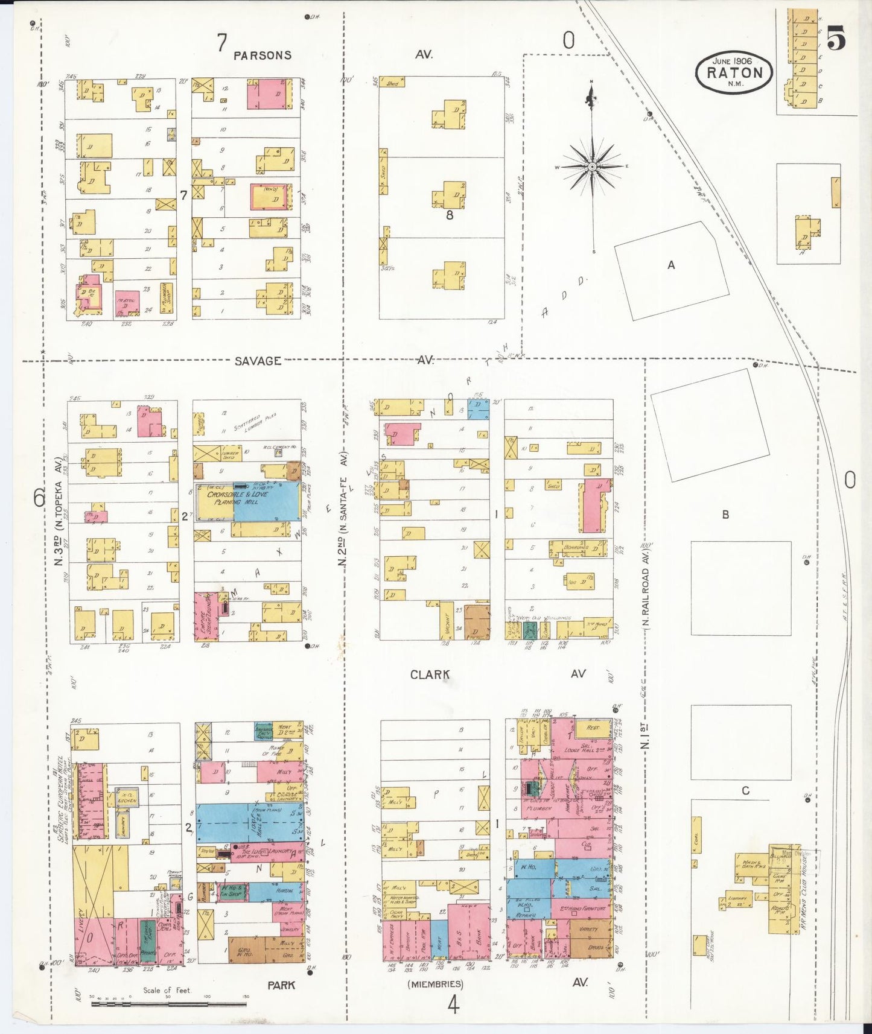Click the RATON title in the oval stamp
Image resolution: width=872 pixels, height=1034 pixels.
tap(734, 73)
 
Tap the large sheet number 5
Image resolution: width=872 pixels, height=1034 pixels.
tap(836, 40)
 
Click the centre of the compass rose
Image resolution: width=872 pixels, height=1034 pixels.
tap(593, 166)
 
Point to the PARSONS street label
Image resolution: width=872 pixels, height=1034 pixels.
tap(263, 56)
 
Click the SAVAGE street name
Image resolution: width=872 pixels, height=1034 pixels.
tap(258, 361)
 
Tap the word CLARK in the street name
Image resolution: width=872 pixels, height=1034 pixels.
tap(430, 674)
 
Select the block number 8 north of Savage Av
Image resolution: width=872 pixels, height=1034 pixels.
tap(449, 214)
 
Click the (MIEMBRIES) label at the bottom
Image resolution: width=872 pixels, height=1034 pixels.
tap(435, 984)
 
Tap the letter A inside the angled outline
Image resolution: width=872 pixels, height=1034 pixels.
tap(671, 264)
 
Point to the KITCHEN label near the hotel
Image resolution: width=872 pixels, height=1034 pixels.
tap(127, 801)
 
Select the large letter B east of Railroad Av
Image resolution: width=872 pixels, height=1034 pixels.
tap(725, 515)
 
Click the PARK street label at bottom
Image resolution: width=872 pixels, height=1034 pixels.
tap(281, 985)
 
